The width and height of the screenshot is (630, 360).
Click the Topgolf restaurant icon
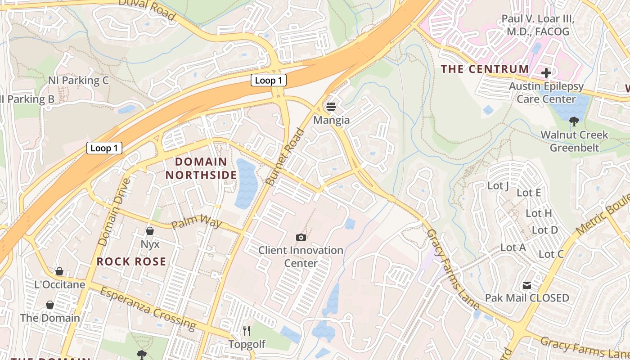click(x=246, y=331)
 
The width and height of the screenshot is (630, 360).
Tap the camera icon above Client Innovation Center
click(x=301, y=237)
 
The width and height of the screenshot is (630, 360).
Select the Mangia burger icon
click(x=331, y=107)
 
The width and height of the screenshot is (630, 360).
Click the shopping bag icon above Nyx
click(x=150, y=231)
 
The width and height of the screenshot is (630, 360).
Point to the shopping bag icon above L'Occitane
click(x=59, y=271)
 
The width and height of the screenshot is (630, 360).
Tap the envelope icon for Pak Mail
click(x=527, y=285)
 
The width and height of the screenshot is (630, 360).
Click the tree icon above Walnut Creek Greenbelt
click(x=574, y=121)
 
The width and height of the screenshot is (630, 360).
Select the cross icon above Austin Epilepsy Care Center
click(x=546, y=72)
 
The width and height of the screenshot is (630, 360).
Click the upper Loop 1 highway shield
click(x=269, y=81)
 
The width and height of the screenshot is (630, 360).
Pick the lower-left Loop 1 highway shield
click(x=104, y=148)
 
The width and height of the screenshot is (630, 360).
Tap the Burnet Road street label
click(x=286, y=157)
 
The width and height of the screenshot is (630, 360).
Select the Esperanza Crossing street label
click(x=148, y=308)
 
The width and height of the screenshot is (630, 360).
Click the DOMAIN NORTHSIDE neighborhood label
click(x=206, y=168)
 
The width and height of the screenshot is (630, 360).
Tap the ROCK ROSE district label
click(x=131, y=261)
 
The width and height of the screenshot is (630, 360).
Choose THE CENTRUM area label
click(x=485, y=69)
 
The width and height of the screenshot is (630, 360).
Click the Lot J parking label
click(x=498, y=185)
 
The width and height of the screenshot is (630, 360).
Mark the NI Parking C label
click(x=78, y=81)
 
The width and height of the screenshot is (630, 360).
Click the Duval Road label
click(x=147, y=9)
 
